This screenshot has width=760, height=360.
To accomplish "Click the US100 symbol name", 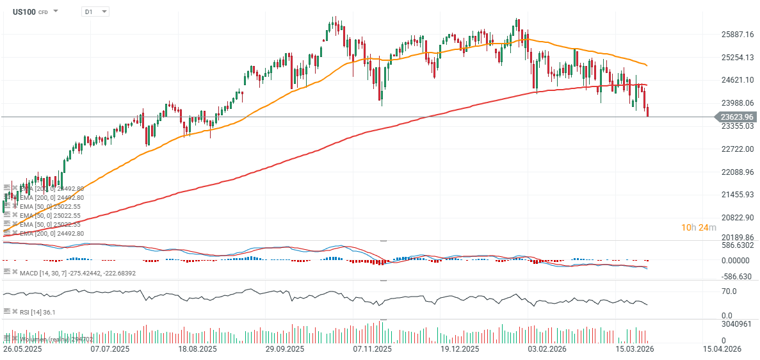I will (24, 12).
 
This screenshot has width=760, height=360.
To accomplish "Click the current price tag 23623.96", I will (736, 117).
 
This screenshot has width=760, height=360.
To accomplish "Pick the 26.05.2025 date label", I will (22, 350).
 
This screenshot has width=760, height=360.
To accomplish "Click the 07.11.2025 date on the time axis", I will (371, 350).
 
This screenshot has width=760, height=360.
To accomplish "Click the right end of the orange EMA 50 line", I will (647, 65).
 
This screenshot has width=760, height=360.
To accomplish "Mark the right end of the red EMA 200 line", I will (647, 85).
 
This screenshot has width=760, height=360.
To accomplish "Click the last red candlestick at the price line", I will (648, 111).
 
